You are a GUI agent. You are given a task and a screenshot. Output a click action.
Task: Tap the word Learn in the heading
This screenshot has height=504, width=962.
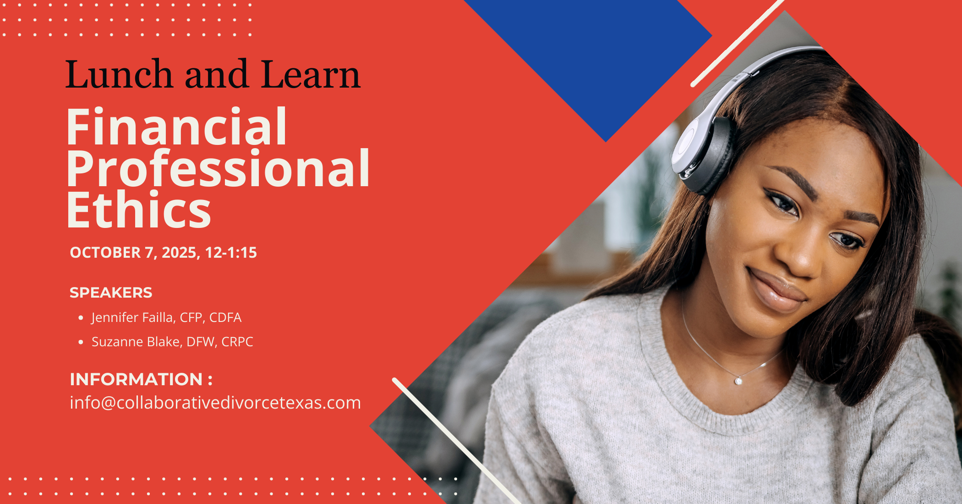[x=311, y=75]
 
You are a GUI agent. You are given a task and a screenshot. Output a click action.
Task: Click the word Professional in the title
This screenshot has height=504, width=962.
[x=218, y=168]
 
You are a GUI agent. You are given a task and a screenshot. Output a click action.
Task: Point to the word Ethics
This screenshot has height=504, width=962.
[x=138, y=210]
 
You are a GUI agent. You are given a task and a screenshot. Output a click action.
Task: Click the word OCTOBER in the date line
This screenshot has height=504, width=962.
[x=105, y=253]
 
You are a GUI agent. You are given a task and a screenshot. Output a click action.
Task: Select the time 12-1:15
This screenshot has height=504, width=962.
[x=231, y=253]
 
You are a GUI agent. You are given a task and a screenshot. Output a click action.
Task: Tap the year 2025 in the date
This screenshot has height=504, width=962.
[x=179, y=253]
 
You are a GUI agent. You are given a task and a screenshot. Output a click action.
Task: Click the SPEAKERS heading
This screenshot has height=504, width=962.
[x=111, y=293]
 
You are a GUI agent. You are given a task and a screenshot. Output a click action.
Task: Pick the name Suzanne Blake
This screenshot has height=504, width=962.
[x=136, y=342]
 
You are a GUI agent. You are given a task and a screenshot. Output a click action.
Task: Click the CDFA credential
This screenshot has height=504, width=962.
[x=225, y=317]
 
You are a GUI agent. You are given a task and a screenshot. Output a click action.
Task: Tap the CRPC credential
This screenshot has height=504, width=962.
[x=237, y=342]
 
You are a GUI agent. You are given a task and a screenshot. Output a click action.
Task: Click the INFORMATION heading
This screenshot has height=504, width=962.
[x=137, y=379]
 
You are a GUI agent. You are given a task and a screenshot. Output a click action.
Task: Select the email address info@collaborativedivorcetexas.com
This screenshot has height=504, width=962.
[x=215, y=403]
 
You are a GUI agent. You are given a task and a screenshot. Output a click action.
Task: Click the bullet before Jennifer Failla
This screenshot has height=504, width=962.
[x=81, y=318]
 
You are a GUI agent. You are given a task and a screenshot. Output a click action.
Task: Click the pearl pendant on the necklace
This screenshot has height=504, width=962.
[x=738, y=381]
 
